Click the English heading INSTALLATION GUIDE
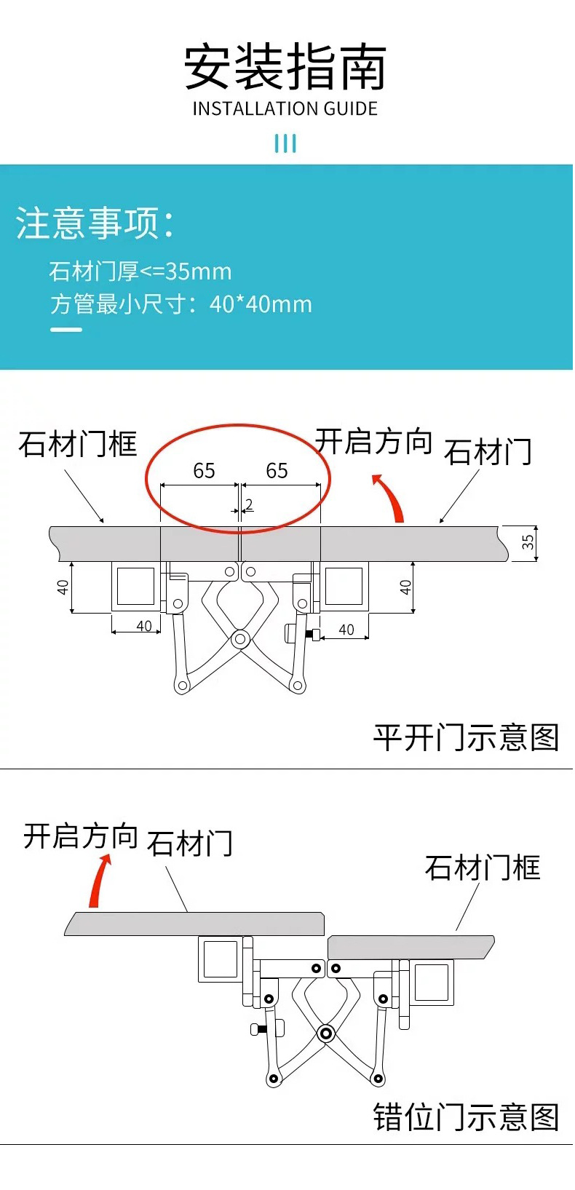[x=285, y=109]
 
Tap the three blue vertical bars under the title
[x=285, y=143]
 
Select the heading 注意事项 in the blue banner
[x=95, y=223]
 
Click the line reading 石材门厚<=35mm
[x=140, y=271]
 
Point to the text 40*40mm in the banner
[x=261, y=304]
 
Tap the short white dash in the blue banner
[x=66, y=330]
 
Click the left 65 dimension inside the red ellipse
[x=204, y=471]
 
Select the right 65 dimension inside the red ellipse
[x=277, y=471]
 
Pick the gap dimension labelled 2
[x=249, y=504]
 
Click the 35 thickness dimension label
[x=528, y=542]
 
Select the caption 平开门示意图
[x=466, y=737]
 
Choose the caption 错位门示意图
[x=466, y=1117]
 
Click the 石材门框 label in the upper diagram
[x=78, y=444]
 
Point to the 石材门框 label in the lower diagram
[x=483, y=868]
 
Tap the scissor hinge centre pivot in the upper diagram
[x=239, y=640]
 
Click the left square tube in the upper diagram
[x=135, y=586]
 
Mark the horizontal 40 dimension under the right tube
[x=346, y=630]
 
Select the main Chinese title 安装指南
[x=285, y=67]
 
